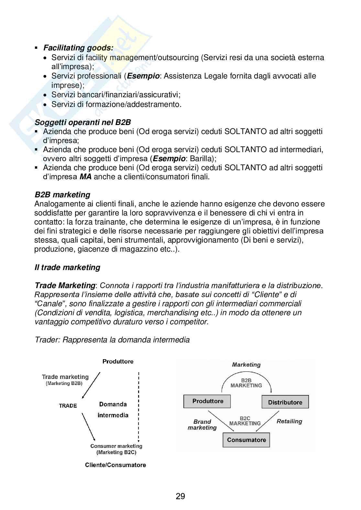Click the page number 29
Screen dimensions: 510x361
pyautogui.click(x=180, y=496)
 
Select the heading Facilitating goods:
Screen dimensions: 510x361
pyautogui.click(x=78, y=48)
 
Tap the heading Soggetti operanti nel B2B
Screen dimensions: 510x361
pyautogui.click(x=82, y=122)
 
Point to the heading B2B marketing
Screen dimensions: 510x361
pyautogui.click(x=62, y=195)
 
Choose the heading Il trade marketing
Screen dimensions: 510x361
pyautogui.click(x=67, y=267)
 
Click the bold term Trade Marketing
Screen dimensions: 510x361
pyautogui.click(x=65, y=286)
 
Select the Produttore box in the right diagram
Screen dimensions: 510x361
pyautogui.click(x=207, y=401)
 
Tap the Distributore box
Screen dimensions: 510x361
pyautogui.click(x=285, y=402)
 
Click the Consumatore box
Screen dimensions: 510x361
pyautogui.click(x=246, y=440)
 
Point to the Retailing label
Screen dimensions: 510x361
pyautogui.click(x=289, y=421)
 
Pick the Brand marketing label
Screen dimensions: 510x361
pyautogui.click(x=202, y=425)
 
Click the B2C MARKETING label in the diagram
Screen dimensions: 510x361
pyautogui.click(x=245, y=421)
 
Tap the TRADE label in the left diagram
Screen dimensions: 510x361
pyautogui.click(x=68, y=406)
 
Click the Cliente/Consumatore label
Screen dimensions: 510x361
pyautogui.click(x=115, y=465)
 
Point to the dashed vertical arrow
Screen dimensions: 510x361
pyautogui.click(x=138, y=407)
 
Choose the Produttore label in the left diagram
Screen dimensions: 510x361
pyautogui.click(x=118, y=361)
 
